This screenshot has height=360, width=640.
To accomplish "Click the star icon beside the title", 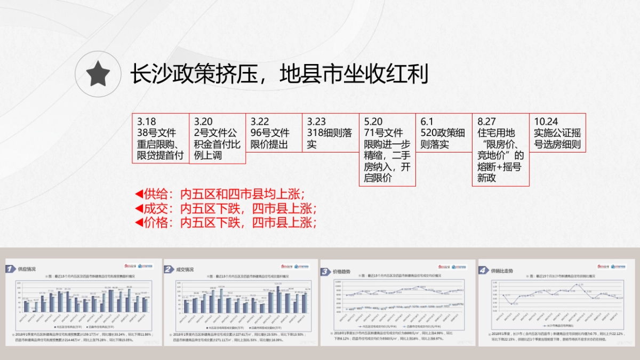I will click(98, 74).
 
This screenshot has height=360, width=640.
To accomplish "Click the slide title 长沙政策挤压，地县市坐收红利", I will click(279, 74).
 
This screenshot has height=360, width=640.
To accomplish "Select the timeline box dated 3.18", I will click(161, 138).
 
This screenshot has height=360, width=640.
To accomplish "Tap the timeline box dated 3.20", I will click(218, 138).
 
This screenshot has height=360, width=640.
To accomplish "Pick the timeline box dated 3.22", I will click(274, 133).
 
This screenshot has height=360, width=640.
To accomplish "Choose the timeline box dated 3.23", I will click(330, 133).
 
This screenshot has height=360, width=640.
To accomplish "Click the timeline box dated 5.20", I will click(387, 149).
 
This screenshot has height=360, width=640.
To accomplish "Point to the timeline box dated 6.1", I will click(444, 133).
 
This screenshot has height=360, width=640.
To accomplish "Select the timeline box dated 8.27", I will click(500, 149).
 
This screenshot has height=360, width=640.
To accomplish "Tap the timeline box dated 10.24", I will click(557, 133).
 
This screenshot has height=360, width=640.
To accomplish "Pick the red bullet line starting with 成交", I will click(226, 208).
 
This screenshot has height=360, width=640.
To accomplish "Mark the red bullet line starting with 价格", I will click(226, 222).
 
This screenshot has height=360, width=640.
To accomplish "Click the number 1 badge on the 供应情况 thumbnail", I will click(10, 269).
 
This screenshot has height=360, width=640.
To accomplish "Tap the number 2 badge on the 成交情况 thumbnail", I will click(169, 269).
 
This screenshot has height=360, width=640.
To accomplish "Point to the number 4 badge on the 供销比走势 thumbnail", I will click(483, 270).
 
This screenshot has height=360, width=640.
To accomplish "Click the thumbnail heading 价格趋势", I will click(342, 271).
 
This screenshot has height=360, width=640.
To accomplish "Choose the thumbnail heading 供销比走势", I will click(502, 271).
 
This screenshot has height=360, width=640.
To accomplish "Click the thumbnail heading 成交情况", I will click(185, 269).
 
